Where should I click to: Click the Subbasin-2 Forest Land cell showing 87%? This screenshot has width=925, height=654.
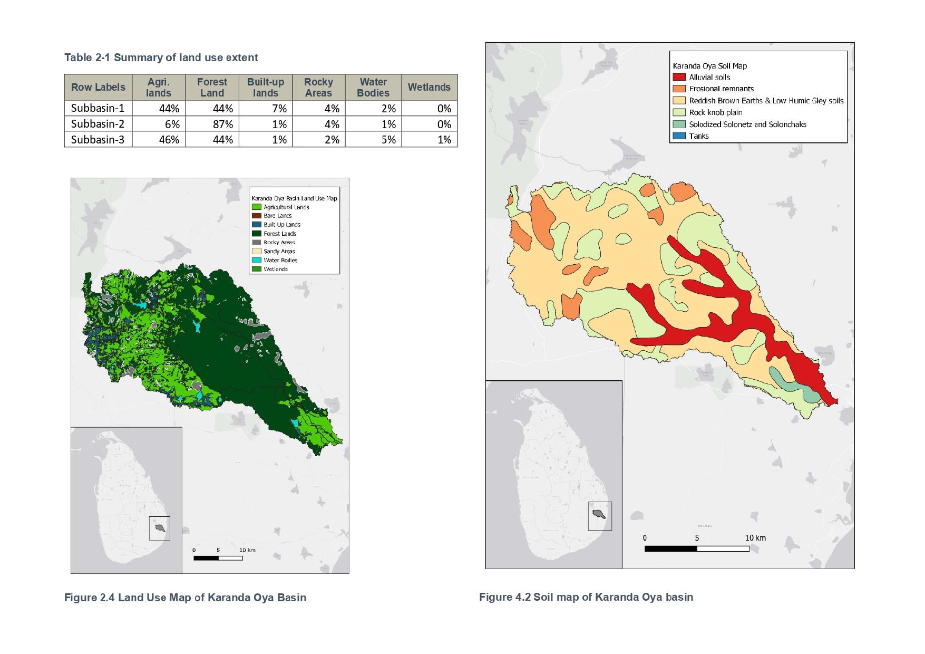212,124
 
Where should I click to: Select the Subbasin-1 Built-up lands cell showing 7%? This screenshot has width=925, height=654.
266,108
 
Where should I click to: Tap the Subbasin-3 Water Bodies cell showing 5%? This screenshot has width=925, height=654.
373,140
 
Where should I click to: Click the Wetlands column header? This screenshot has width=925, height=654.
429,88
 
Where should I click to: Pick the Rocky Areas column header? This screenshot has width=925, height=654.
318,88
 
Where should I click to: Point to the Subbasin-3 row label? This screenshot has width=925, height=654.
98,140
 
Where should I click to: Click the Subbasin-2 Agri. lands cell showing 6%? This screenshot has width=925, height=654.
159,124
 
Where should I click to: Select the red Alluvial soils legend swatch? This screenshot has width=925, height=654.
679,77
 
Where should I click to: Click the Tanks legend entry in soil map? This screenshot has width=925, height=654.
698,136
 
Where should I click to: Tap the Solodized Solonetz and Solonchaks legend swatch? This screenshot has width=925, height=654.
679,124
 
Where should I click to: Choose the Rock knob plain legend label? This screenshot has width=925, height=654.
715,112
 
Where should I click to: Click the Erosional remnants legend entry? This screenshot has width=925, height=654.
721,89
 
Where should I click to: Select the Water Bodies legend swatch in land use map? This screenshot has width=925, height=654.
256,260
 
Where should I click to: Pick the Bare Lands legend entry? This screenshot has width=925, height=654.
277,216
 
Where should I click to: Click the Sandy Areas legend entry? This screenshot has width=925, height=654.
279,251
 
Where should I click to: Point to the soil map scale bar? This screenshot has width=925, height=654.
696,549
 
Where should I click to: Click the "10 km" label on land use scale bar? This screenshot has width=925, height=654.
247,550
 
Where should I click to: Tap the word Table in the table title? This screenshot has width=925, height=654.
78,57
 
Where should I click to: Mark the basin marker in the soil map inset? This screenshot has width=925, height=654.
599,514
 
